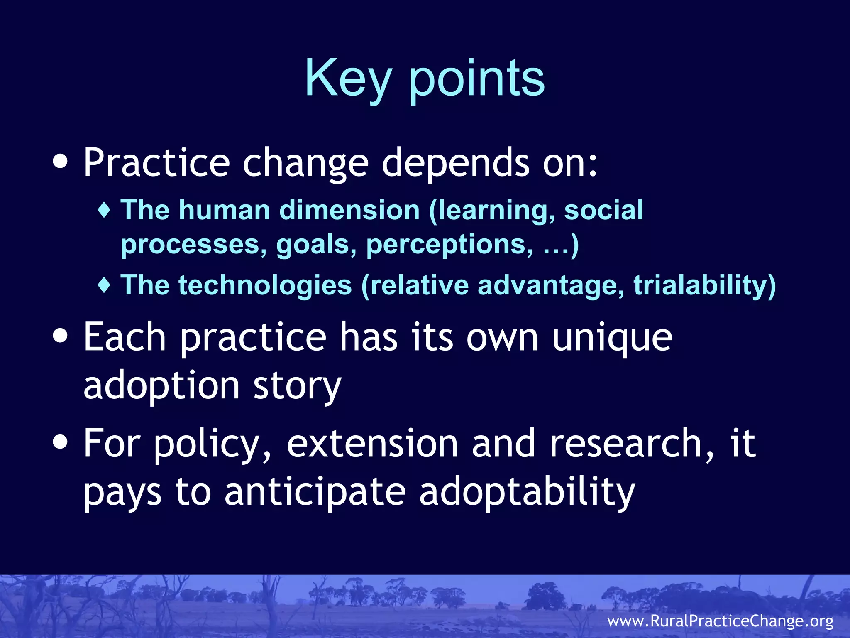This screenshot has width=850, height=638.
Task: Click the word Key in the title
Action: (348, 79)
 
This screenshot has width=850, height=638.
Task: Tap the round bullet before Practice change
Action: (61, 162)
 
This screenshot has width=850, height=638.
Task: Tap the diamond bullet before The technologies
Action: (104, 285)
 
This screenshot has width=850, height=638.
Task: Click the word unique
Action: (612, 337)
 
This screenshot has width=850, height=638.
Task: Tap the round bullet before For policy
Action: (61, 442)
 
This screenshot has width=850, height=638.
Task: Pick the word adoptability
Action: (527, 493)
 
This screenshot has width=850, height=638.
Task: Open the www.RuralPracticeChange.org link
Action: (720, 621)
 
